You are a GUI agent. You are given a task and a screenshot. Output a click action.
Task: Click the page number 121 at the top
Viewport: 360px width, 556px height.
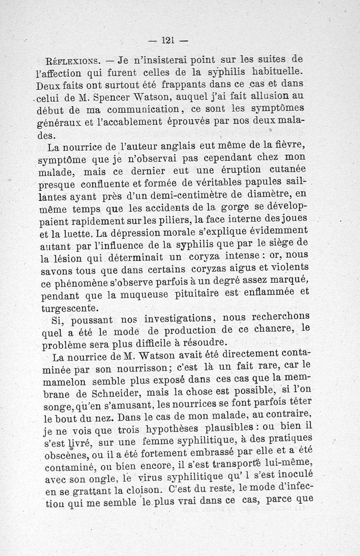[167, 40]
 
